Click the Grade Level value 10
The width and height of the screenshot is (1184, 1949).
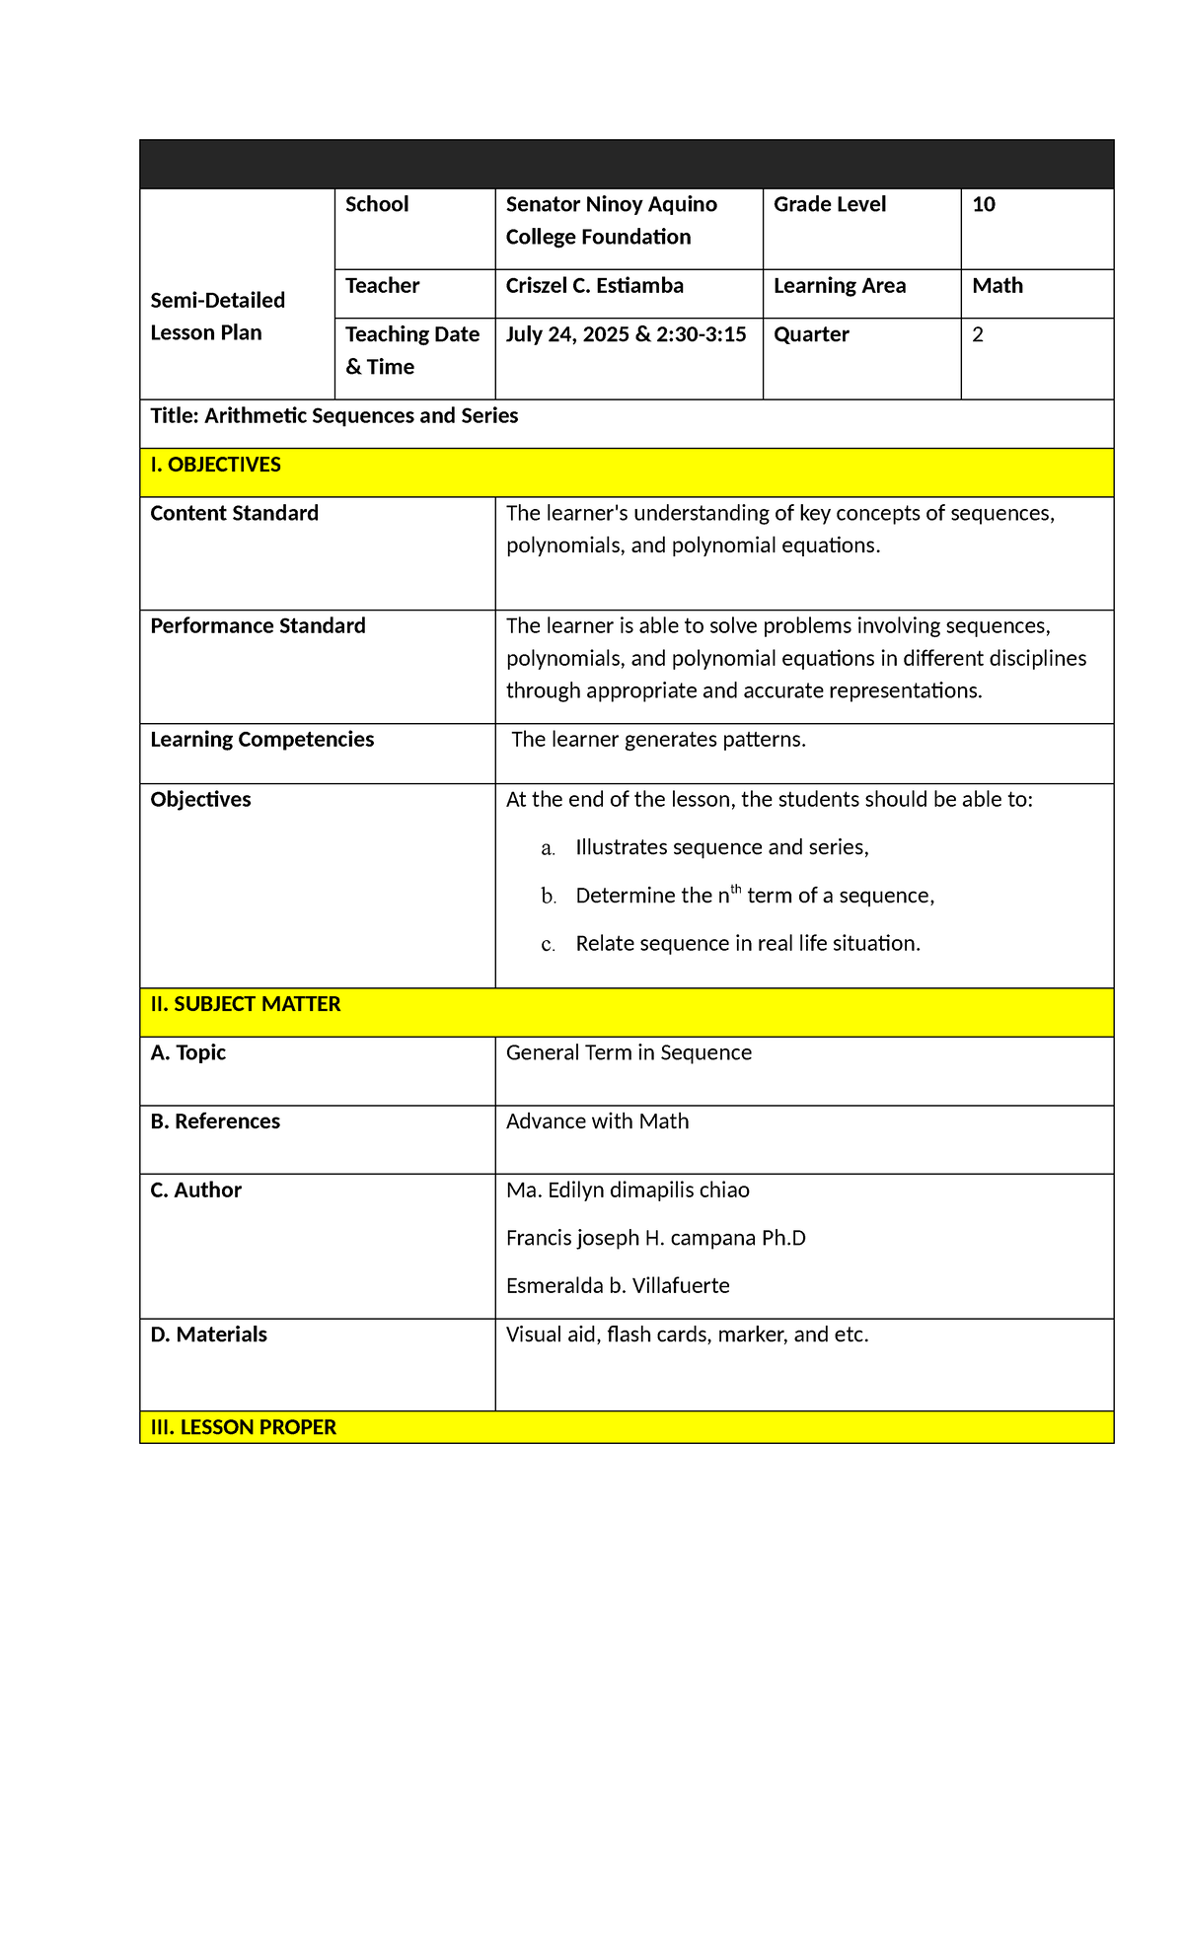coord(984,205)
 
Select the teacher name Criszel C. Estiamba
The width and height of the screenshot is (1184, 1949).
coord(594,286)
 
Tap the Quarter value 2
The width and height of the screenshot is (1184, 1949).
coord(978,334)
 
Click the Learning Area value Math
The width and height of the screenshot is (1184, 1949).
coord(998,286)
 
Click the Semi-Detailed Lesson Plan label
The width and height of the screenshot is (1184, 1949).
coord(217,317)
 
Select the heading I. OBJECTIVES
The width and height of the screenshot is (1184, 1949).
coord(215,465)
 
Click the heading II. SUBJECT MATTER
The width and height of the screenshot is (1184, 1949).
coord(245,1004)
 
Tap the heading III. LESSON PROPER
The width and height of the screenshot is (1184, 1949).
coord(243,1427)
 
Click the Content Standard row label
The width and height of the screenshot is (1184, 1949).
coord(234,513)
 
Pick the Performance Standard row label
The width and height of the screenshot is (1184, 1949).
coord(258,626)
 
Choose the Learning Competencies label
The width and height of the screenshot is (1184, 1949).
coord(261,740)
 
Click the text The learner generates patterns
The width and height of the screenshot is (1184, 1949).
coord(658,740)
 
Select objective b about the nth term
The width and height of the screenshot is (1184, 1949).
coord(754,896)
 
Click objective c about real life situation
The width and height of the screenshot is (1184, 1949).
coord(747,944)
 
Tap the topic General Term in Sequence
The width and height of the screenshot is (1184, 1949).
coord(629,1053)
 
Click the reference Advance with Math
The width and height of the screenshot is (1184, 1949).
coord(597,1121)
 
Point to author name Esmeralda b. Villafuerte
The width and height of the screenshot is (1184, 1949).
coord(618,1286)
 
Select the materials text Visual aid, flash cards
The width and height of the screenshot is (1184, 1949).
coord(687,1335)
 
